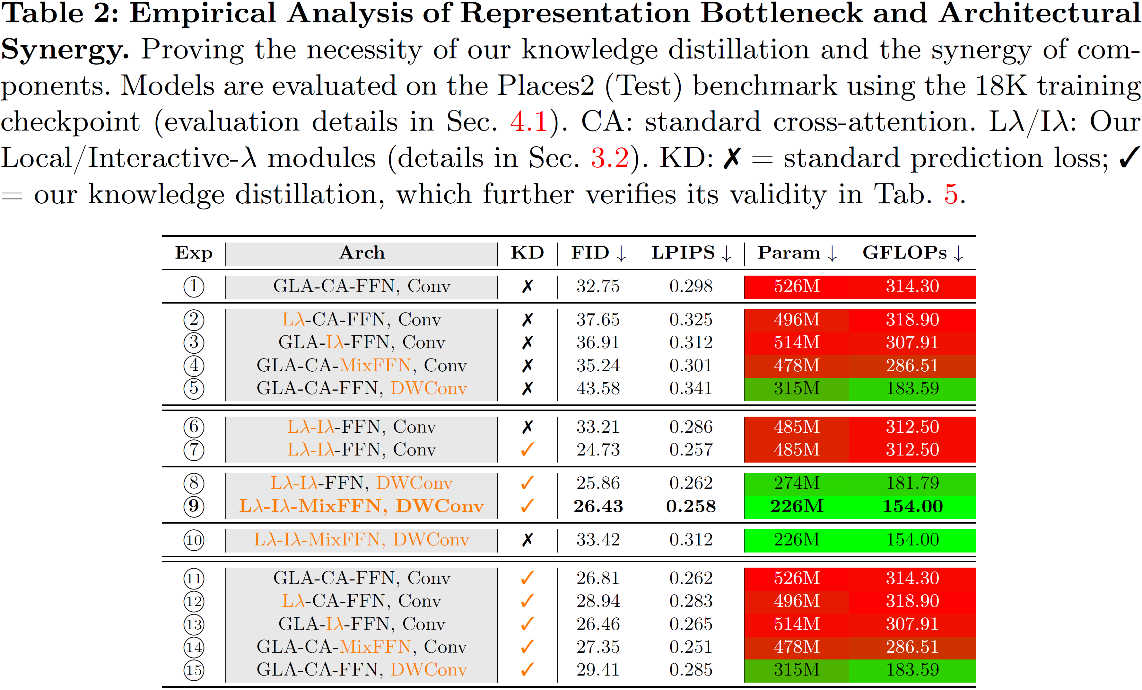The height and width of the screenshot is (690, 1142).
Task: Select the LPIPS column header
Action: (x=691, y=253)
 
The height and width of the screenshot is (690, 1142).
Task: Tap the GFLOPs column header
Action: (x=912, y=253)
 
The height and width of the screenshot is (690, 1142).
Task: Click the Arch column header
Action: (x=362, y=253)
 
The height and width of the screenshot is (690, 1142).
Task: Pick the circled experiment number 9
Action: (x=194, y=506)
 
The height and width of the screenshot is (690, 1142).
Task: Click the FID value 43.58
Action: (x=598, y=388)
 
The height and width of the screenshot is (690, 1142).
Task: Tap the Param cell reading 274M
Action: (x=797, y=483)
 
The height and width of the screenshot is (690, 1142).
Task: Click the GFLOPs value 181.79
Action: (x=912, y=483)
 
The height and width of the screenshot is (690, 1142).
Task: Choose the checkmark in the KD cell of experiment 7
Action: (x=527, y=449)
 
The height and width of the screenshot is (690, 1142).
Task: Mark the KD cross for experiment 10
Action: (x=527, y=540)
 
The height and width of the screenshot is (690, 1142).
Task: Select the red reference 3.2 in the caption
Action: (x=609, y=158)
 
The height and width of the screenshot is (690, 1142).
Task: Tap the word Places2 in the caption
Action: (x=545, y=86)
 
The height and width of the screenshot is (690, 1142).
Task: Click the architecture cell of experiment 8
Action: (x=362, y=483)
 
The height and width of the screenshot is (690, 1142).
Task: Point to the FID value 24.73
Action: (x=598, y=449)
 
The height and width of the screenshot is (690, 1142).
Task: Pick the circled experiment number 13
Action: (x=194, y=624)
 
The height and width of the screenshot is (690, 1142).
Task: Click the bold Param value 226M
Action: (x=797, y=506)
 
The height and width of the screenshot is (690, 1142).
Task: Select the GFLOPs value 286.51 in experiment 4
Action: (x=912, y=366)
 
